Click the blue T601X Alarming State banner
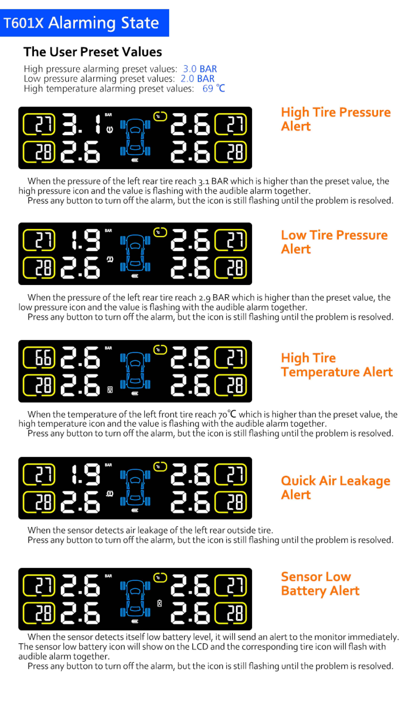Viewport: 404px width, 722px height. [x=84, y=23]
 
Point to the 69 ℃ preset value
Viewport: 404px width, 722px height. [x=213, y=89]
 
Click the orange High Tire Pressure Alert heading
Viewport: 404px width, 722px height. [x=336, y=119]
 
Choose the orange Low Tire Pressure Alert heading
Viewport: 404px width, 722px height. [x=334, y=242]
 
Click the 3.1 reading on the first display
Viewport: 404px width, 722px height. [x=81, y=124]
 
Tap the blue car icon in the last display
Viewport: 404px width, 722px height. [x=135, y=598]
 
